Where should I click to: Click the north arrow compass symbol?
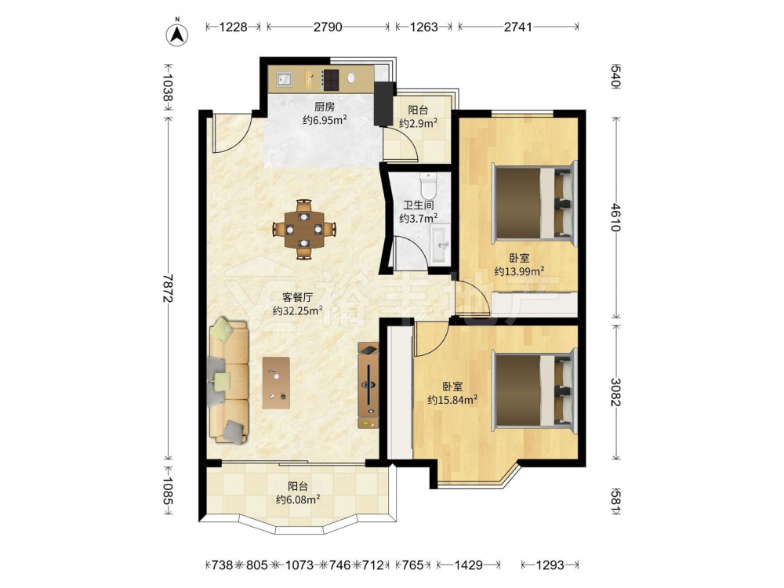tap(176, 32)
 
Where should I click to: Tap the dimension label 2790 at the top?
tap(328, 27)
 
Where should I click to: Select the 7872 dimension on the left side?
tap(168, 289)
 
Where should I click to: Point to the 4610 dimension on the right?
tap(615, 217)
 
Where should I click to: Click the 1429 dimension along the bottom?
tap(469, 565)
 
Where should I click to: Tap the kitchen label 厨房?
tap(325, 107)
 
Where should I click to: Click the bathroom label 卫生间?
tap(419, 205)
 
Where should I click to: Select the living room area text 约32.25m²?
tap(297, 310)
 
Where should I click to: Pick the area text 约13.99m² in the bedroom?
tap(520, 271)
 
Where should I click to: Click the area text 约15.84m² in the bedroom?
tap(452, 400)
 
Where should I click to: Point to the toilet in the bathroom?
tap(429, 186)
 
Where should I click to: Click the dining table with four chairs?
tap(304, 230)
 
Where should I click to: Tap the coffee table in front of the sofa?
tap(277, 383)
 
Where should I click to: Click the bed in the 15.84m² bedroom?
tap(535, 390)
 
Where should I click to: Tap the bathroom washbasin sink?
tap(440, 244)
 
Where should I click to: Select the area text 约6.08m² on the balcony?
tap(298, 499)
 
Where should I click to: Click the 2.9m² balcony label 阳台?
tap(418, 110)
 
